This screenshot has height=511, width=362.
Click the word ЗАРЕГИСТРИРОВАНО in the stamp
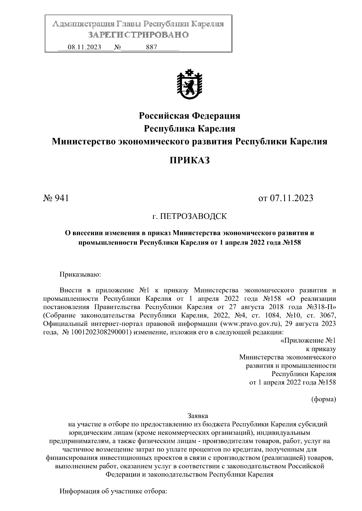click(x=138, y=35)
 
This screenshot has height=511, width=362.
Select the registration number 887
click(x=151, y=47)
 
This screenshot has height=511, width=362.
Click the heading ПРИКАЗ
click(x=189, y=160)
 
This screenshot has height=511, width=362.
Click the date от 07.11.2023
click(x=286, y=198)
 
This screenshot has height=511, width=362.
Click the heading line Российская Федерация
click(x=189, y=115)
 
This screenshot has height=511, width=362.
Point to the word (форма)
click(x=323, y=399)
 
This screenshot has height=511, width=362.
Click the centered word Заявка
click(x=198, y=416)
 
